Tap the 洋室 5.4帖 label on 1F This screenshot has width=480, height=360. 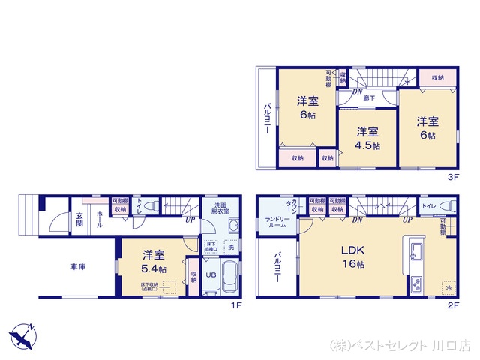coord(156,262)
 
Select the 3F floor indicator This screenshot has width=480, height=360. coord(453,178)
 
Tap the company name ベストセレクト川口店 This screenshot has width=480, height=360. coord(400,346)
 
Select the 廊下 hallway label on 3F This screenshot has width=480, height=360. coord(370,97)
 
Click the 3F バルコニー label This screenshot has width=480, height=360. coord(267,118)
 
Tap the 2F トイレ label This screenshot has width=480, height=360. coord(429,205)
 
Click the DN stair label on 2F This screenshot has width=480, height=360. coord(357,220)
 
